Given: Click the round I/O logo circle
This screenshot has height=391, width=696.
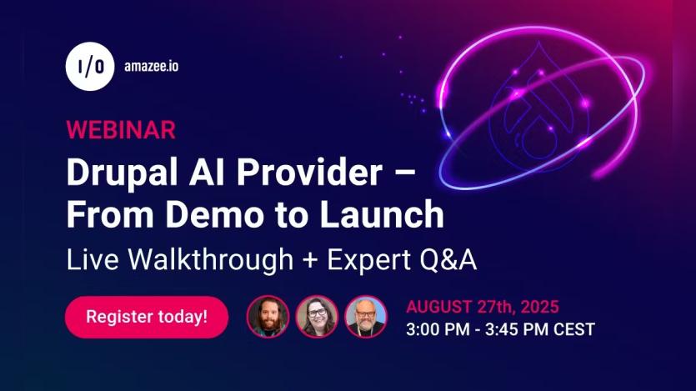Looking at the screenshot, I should (x=90, y=65).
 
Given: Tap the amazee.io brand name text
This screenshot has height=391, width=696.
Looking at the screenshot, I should (x=150, y=66).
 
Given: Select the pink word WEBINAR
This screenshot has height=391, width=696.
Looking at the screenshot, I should (x=120, y=130).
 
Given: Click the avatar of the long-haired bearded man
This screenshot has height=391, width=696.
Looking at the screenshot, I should (x=268, y=317).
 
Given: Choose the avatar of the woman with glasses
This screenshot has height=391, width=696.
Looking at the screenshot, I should (x=317, y=317).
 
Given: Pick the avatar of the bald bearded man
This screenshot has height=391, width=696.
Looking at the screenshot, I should (x=366, y=317).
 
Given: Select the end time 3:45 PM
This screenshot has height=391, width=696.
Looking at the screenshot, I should (x=518, y=329).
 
